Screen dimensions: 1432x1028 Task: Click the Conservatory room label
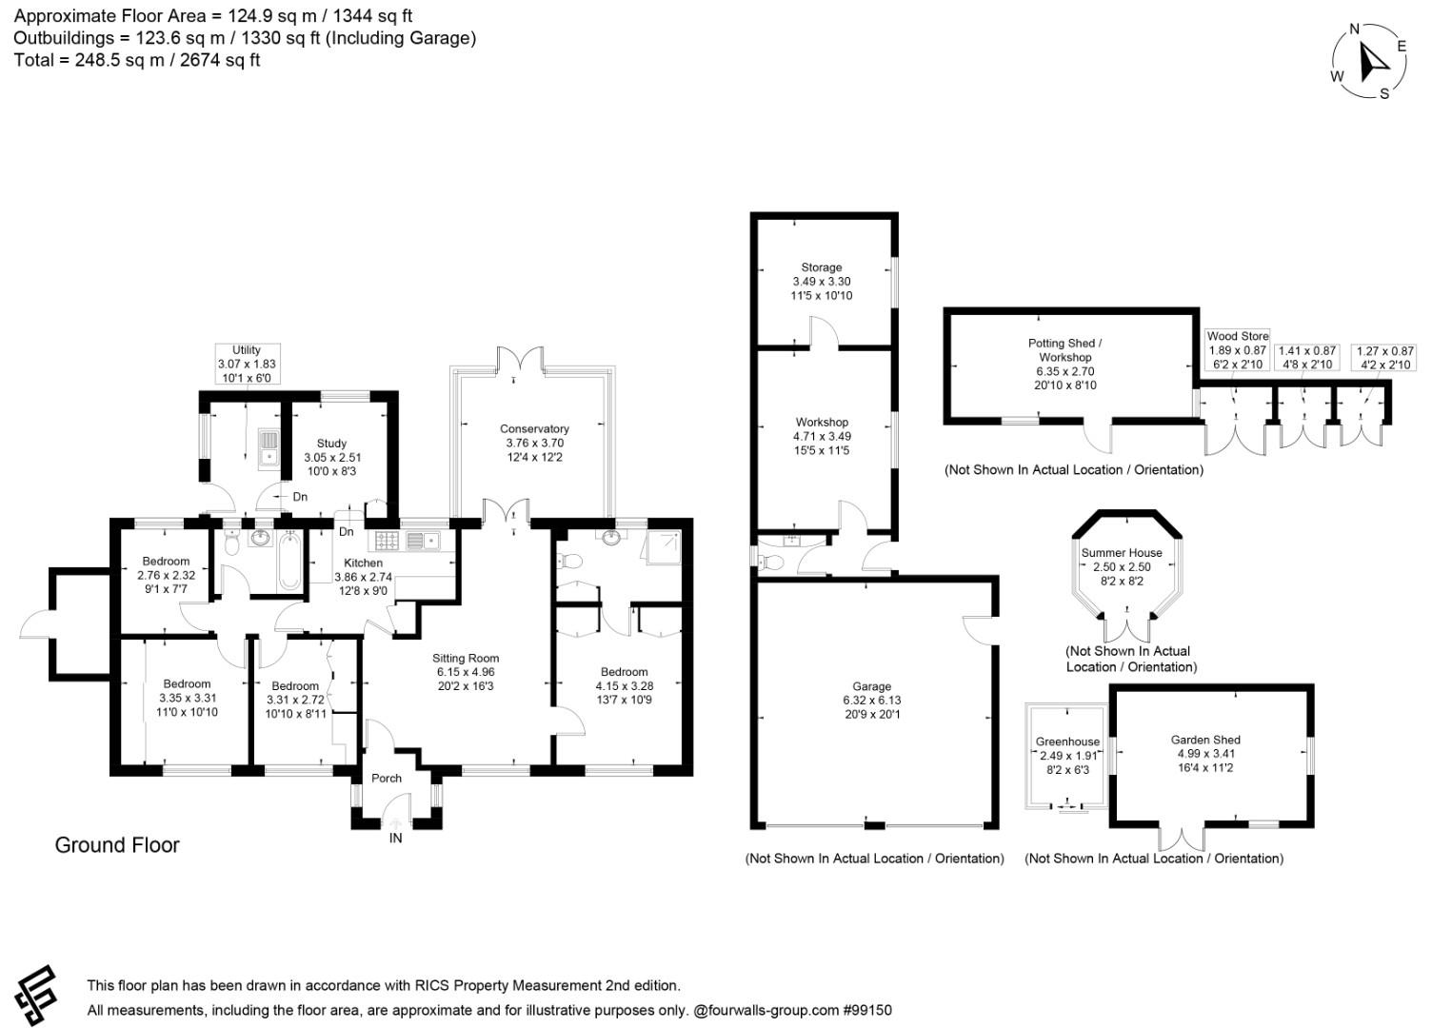tap(534, 428)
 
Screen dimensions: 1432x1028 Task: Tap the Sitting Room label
tap(466, 658)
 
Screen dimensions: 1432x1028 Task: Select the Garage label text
tap(871, 686)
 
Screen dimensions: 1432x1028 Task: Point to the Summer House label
tap(1122, 553)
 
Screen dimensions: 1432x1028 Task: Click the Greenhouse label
tap(1067, 741)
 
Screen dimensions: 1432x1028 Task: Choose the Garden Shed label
tap(1205, 740)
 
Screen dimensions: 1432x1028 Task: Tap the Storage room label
tap(822, 267)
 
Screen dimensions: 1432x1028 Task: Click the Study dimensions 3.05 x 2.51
tap(331, 458)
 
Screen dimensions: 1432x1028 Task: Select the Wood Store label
tap(1237, 336)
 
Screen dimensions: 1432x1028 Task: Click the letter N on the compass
tap(1354, 29)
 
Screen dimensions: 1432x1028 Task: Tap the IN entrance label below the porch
tap(396, 838)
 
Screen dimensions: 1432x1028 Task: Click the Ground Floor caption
tap(117, 845)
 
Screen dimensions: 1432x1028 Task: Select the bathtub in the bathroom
tap(288, 561)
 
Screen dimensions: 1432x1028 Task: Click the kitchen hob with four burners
tap(387, 542)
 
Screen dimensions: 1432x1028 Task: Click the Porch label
tap(387, 779)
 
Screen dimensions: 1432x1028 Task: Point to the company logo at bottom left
tap(36, 995)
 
